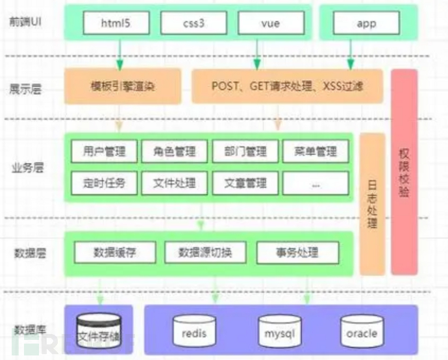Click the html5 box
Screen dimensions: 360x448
(116, 24)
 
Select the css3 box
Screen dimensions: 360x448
(193, 24)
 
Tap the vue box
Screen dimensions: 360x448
(269, 24)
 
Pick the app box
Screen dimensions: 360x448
(366, 24)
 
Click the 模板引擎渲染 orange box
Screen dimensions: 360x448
(122, 86)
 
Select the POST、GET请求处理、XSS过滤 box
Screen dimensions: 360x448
(287, 86)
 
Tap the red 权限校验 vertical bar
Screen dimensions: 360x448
(404, 172)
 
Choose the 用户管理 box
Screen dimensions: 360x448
(103, 151)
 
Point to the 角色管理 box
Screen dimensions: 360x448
(174, 151)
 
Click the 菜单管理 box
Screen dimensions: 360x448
(316, 151)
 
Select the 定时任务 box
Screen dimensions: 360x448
(103, 183)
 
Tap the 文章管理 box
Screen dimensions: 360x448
(245, 183)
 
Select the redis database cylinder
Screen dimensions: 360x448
(194, 331)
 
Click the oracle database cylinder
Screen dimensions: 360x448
(362, 331)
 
